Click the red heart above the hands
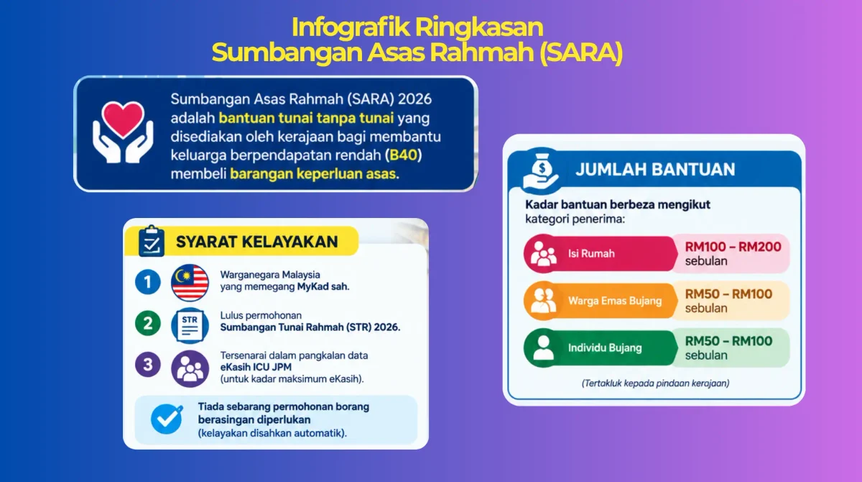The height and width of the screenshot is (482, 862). coord(123,119)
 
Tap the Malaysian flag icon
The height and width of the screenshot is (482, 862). coord(190,283)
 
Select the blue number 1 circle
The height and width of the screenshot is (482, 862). coord(148,282)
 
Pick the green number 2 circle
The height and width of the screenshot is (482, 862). coord(148,323)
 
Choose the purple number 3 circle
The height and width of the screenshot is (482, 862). coord(148,364)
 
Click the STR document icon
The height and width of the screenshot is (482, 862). coord(190,326)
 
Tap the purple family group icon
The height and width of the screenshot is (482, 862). coord(190,369)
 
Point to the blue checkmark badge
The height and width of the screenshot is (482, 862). coord(167,419)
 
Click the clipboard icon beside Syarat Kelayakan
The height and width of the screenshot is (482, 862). coord(152,241)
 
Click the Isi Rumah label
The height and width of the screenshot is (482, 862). coord(591,253)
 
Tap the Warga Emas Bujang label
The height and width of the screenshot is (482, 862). coord(615,301)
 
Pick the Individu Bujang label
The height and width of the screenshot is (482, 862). coord(605,348)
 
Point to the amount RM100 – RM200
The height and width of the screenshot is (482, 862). coord(733,247)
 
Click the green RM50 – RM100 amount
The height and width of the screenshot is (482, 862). coord(728,341)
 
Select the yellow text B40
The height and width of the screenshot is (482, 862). coord(403,155)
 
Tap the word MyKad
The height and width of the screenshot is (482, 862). coord(313,286)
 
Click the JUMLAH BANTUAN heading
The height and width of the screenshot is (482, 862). coord(655,170)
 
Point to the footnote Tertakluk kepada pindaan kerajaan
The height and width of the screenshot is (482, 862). coord(655,383)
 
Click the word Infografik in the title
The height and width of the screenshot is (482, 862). coord(351,28)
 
